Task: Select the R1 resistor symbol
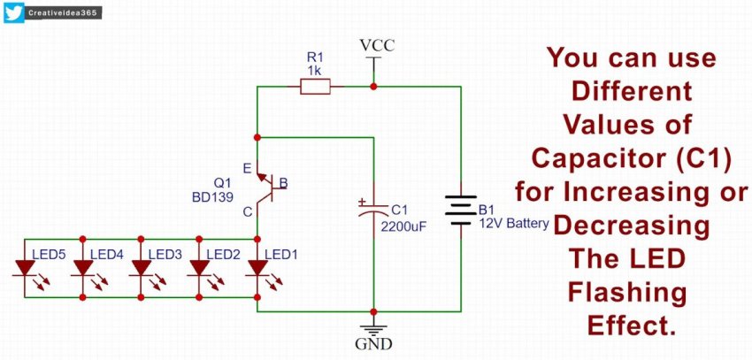tap(316, 86)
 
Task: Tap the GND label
tap(374, 343)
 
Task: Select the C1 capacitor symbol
tap(373, 210)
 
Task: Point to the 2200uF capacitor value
tap(405, 226)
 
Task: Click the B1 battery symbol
tap(460, 210)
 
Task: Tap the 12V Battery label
tap(513, 224)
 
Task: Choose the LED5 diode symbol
tap(24, 267)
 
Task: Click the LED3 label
tap(165, 255)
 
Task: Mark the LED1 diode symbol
tap(257, 267)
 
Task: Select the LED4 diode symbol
tap(82, 267)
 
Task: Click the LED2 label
tap(223, 255)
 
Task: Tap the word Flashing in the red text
tap(632, 292)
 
